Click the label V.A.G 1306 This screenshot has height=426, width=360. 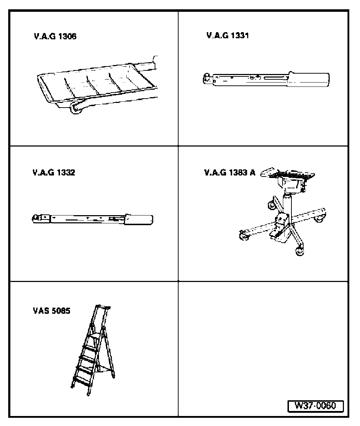click(55, 36)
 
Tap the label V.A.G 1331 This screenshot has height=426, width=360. click(227, 35)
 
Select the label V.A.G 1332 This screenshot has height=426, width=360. click(54, 172)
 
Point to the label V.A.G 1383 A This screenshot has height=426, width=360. click(230, 172)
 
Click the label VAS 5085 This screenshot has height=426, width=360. click(51, 311)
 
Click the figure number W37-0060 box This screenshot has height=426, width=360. click(315, 406)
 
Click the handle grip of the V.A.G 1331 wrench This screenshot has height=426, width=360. click(309, 79)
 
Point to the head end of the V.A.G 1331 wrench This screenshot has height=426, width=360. click(208, 78)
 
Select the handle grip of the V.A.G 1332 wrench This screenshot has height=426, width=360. click(139, 219)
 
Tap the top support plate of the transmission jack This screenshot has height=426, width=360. click(288, 174)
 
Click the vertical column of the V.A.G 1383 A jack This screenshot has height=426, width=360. click(287, 207)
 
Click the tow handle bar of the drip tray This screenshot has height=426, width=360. click(146, 65)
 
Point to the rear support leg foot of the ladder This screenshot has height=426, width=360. click(114, 376)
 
